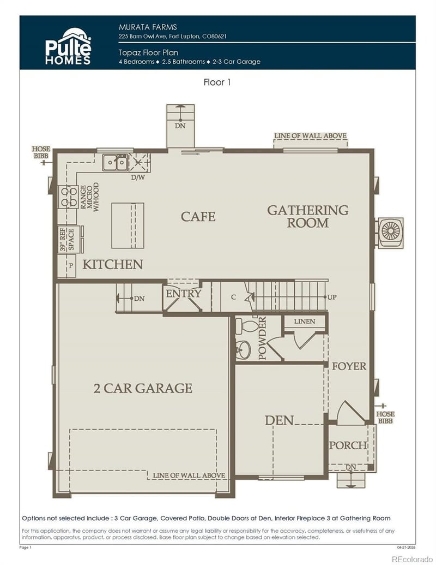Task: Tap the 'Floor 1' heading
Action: [218, 83]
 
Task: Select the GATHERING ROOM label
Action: [307, 216]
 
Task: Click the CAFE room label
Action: [198, 217]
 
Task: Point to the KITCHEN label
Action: [113, 265]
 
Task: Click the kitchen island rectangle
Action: [128, 225]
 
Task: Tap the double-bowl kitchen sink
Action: [116, 162]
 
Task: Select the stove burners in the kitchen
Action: [68, 197]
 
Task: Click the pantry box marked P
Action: [70, 265]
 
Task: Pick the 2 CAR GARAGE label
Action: [143, 388]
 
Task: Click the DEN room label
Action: [279, 420]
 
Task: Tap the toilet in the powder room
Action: [250, 326]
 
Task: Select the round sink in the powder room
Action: [243, 350]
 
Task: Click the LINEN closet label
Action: [304, 322]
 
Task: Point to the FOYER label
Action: [349, 366]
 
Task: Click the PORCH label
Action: [348, 445]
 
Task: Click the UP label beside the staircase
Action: [332, 297]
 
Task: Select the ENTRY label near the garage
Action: [184, 293]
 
